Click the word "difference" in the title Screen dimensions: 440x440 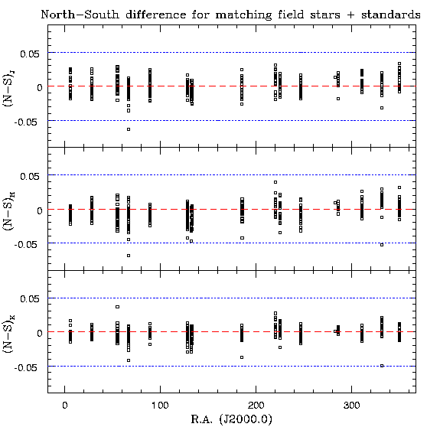tap(156, 15)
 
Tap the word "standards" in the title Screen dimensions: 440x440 tap(391, 15)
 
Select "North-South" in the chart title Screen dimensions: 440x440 tap(80, 15)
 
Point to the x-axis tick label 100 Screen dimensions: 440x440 tap(160, 406)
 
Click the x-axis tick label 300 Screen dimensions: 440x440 tap(351, 406)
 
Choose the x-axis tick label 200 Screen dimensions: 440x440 tap(256, 406)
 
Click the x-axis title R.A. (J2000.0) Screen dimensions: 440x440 tap(232, 420)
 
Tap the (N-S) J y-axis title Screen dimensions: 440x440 tap(8, 89)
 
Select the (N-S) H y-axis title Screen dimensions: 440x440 tap(8, 211)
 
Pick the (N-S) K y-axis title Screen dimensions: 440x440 tap(8, 334)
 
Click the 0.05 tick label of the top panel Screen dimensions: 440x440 tap(30, 54)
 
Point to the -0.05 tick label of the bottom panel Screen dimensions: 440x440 tap(26, 367)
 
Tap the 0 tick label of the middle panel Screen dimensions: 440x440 tap(40, 211)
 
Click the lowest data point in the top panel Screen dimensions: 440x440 tap(129, 129)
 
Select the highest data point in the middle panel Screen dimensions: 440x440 tap(275, 182)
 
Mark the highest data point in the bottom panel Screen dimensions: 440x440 tap(118, 307)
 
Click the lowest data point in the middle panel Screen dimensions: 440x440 tap(129, 256)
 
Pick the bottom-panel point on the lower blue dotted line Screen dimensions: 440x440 tap(382, 366)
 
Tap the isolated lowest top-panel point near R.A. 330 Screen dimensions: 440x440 tap(382, 108)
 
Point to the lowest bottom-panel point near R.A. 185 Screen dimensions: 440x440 tap(242, 357)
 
